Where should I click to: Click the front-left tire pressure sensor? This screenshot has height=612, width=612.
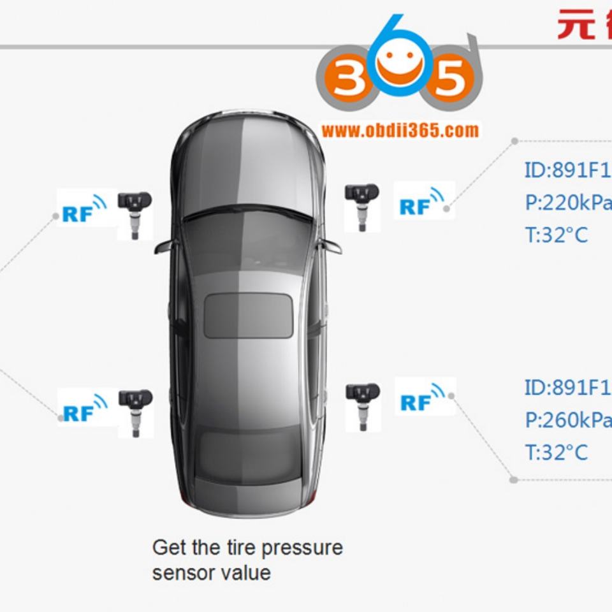(135, 214)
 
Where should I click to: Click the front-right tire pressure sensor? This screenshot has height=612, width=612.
(362, 205)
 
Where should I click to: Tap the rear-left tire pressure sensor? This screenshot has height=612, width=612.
(135, 412)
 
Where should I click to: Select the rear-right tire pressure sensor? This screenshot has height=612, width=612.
(363, 405)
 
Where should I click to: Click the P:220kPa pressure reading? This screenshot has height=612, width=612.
(567, 203)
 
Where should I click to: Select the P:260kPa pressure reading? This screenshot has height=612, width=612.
(567, 420)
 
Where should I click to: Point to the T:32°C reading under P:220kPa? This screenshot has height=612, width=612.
(556, 235)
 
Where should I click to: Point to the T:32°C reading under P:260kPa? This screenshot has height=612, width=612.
(556, 453)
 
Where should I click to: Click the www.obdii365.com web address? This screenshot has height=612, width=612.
(400, 131)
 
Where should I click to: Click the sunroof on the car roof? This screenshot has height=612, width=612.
(248, 316)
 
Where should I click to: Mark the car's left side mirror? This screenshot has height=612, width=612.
(163, 247)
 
